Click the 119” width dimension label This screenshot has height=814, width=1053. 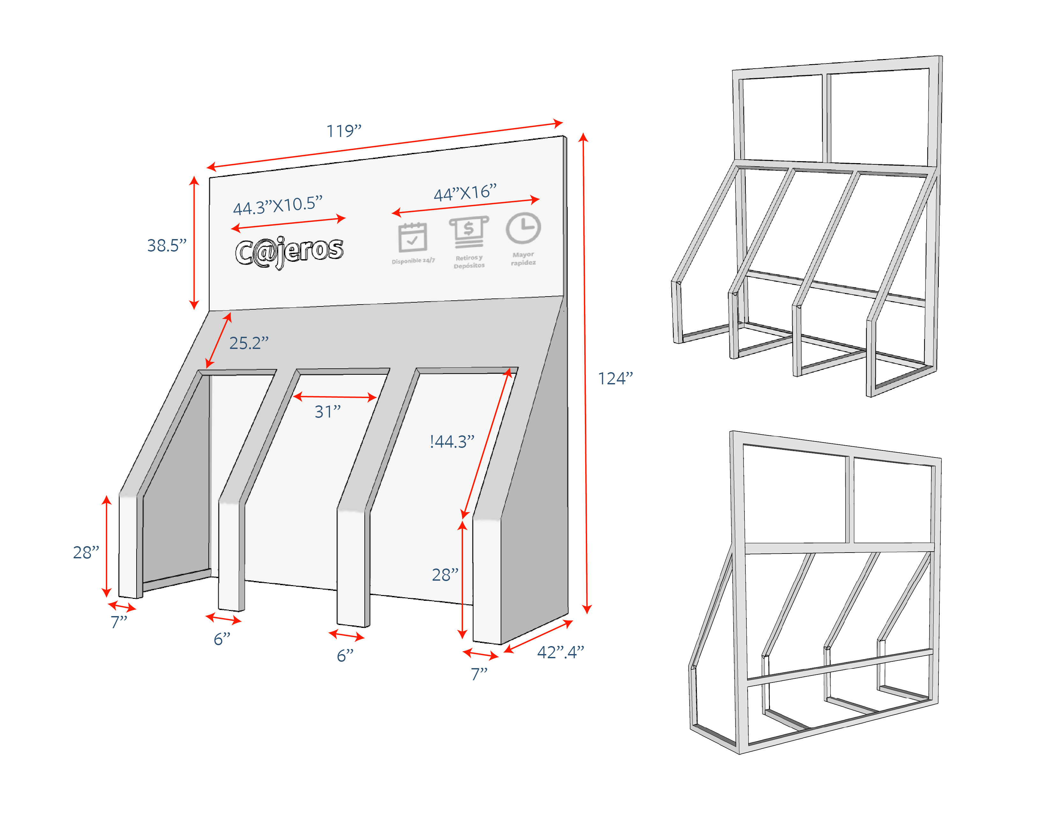344,131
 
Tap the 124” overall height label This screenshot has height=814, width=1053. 615,379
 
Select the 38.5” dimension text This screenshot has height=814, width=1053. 166,245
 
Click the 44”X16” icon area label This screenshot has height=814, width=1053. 464,193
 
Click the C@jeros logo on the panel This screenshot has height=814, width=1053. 289,251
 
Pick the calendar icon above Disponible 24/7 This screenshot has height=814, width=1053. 412,237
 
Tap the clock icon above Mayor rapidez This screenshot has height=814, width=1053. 523,228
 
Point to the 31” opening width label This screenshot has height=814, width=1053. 327,412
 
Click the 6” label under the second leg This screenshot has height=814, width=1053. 222,639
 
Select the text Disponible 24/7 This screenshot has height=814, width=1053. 413,261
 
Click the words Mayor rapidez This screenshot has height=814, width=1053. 523,259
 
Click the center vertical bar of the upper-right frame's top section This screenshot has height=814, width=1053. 826,118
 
